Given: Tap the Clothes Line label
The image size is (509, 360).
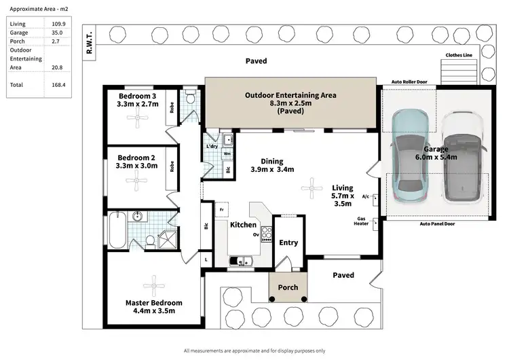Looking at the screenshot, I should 459,56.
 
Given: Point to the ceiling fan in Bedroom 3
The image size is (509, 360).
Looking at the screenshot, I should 139,121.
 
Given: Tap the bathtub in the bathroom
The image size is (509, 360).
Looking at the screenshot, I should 116,231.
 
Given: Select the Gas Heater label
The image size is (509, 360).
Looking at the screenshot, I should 362,222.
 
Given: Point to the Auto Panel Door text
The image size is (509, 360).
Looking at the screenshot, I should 434,223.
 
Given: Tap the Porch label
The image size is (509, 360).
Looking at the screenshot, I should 288,287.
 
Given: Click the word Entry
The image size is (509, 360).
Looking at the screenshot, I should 288,242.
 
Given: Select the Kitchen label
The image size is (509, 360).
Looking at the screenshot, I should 243,225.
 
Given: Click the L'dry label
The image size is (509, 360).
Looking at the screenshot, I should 211,147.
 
